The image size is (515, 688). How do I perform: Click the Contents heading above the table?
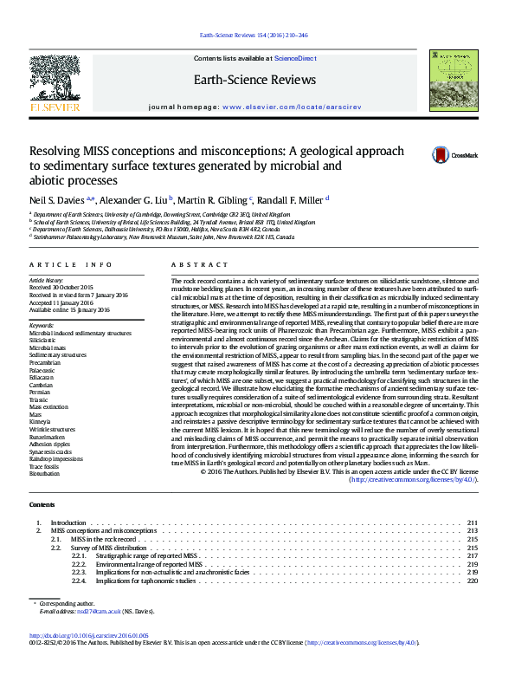41,504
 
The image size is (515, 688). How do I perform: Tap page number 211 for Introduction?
473,523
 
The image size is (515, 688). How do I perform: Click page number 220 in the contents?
473,581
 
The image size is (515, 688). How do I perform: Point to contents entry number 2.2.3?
79,573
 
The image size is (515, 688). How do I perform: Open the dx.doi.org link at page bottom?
89,659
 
